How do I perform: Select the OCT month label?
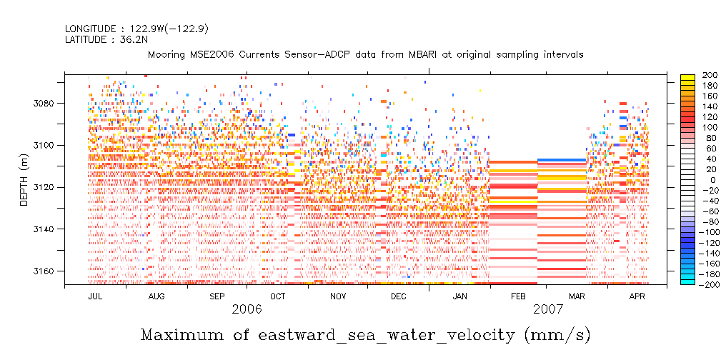tap(278, 296)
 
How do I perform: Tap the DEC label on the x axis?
tap(399, 296)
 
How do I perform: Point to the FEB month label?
tap(519, 296)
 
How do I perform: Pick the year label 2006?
tap(247, 310)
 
